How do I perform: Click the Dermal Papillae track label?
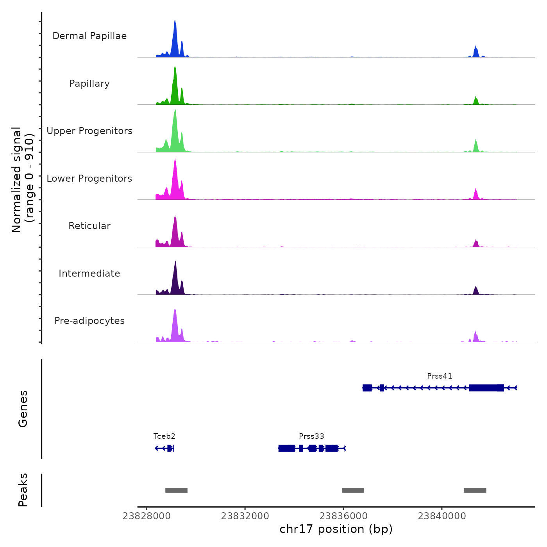(x=89, y=36)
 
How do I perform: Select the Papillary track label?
(x=89, y=84)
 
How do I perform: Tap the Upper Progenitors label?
(x=89, y=131)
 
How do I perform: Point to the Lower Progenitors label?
(x=89, y=179)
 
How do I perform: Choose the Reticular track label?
(x=89, y=226)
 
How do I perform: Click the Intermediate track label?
(x=89, y=273)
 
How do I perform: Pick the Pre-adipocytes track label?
(x=89, y=321)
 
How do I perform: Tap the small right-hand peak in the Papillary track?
(x=475, y=101)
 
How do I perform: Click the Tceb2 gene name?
(x=164, y=436)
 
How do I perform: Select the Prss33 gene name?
(x=311, y=436)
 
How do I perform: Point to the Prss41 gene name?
(x=440, y=376)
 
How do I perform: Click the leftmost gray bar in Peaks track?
(x=176, y=490)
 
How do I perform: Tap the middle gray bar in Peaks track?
(x=353, y=490)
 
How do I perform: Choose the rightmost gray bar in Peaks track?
(x=475, y=490)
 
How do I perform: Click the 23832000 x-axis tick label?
(x=245, y=516)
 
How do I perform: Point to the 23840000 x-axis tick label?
(x=442, y=516)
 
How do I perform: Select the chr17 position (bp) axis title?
(x=336, y=529)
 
